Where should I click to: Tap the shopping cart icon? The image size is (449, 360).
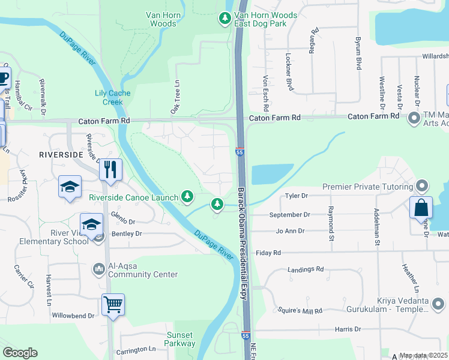[113, 304]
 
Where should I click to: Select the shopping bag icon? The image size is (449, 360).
[421, 208]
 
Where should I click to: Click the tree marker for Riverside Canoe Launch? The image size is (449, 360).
[188, 196]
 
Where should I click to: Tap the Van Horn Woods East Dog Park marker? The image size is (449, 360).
[225, 19]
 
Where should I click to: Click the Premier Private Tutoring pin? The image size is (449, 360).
[422, 186]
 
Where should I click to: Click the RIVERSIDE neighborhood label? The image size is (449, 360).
[60, 155]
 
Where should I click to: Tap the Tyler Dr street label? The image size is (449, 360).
[296, 196]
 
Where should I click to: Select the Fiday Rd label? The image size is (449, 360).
[270, 253]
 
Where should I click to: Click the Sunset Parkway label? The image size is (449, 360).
[180, 339]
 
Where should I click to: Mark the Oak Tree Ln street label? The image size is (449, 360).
[175, 98]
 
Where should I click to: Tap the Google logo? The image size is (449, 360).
[20, 353]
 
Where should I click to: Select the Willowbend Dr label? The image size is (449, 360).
[73, 315]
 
